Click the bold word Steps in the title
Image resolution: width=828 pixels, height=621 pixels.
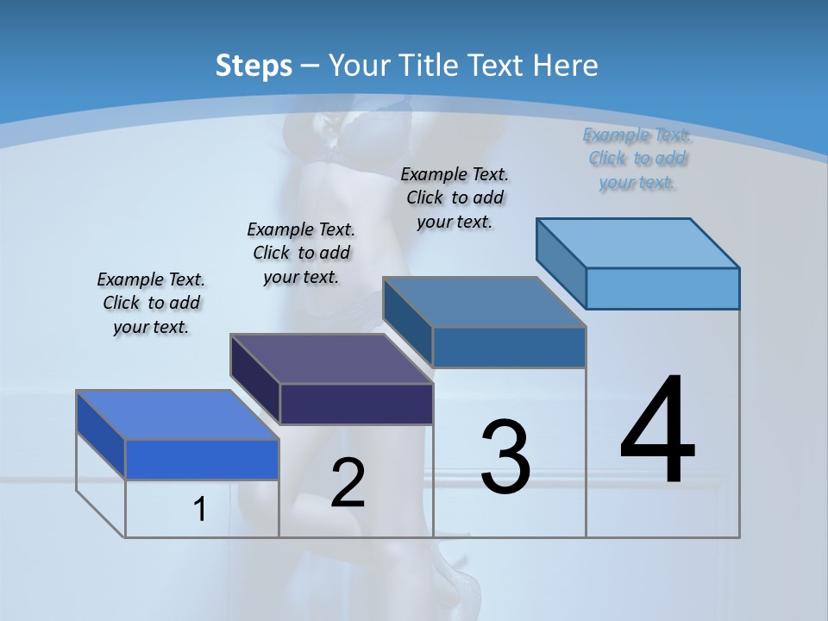click(x=254, y=66)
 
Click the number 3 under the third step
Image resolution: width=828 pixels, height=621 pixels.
click(x=505, y=456)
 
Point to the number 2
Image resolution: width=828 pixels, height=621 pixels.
click(x=348, y=483)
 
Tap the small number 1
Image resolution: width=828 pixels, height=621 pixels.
click(x=200, y=509)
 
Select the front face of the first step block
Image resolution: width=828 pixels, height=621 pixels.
click(x=202, y=459)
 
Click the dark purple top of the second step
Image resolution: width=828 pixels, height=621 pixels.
click(x=331, y=359)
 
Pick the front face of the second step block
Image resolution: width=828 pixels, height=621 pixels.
click(x=356, y=404)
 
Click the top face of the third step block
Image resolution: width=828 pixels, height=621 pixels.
click(x=485, y=302)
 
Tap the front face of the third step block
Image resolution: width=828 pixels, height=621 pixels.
click(x=509, y=347)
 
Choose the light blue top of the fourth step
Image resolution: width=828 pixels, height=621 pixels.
click(x=638, y=243)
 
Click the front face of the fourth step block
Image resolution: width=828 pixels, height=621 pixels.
click(x=662, y=288)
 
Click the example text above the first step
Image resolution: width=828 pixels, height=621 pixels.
click(x=151, y=303)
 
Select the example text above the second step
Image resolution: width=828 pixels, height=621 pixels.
click(x=301, y=253)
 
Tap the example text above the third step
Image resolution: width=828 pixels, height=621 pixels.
click(x=455, y=198)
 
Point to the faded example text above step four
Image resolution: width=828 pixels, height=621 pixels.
click(x=637, y=158)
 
